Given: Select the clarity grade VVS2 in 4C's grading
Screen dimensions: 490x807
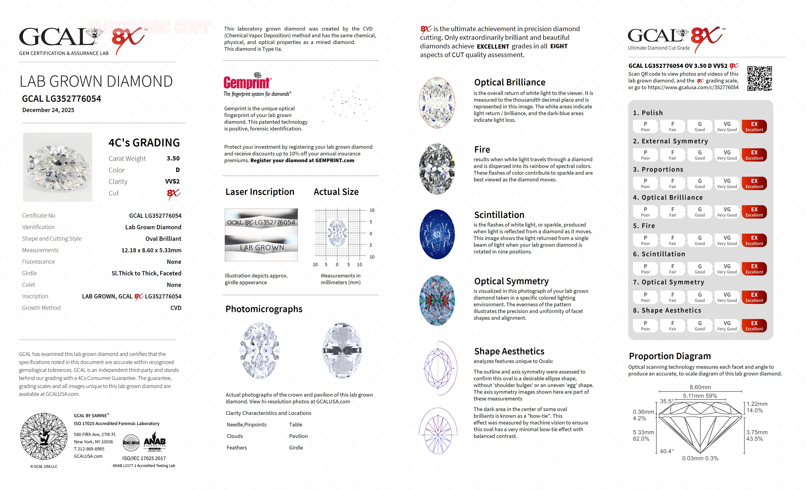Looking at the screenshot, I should coord(172,181).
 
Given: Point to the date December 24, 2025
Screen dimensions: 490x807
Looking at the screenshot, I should coord(48,110).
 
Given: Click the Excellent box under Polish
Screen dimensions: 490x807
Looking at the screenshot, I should coord(754,126).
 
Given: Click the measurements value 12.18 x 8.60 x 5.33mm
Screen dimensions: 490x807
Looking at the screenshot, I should coord(151,250).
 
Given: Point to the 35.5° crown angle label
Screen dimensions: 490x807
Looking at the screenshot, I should coord(667,401).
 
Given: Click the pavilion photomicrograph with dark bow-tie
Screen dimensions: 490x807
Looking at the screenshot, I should coord(342,350).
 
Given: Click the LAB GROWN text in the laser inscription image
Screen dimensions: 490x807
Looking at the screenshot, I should coord(262,248).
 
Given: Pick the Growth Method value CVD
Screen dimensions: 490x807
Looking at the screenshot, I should coord(176,308).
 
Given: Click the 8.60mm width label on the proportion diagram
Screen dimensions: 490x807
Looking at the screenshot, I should coord(700,387).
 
